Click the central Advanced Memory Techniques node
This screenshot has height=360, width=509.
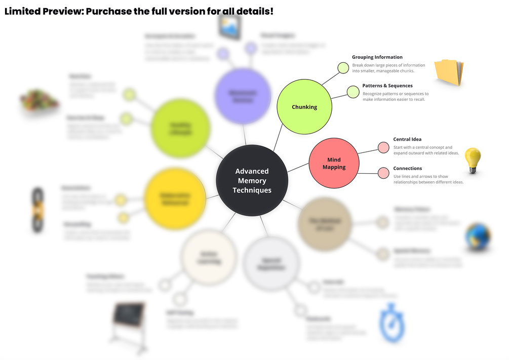pos(252,180)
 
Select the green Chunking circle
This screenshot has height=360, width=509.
pos(304,107)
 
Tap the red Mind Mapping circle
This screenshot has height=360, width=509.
pos(334,163)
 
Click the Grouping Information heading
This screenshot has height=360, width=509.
pos(377,57)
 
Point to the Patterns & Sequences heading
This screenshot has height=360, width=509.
pos(387,86)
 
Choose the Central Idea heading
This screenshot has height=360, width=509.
pos(407,139)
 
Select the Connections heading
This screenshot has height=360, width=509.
pos(407,168)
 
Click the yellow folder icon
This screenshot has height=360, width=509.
pos(449,72)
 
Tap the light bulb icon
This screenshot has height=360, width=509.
pos(473,161)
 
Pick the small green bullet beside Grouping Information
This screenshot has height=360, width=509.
pos(343,68)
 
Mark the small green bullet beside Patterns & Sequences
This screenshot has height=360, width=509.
pos(353,92)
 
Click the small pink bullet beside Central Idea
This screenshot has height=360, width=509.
pos(384,148)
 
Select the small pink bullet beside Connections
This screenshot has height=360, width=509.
pos(384,173)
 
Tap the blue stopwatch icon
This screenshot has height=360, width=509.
pos(392,323)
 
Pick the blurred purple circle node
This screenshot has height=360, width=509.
pos(241,96)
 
